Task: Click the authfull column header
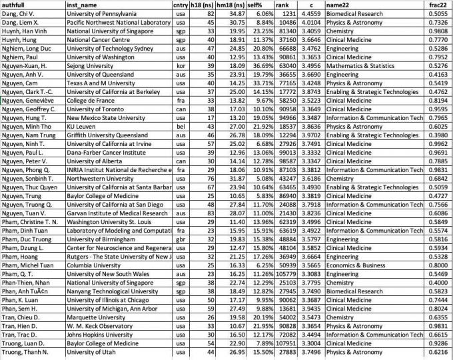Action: point(15,5)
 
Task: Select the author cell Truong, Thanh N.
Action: point(25,351)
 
